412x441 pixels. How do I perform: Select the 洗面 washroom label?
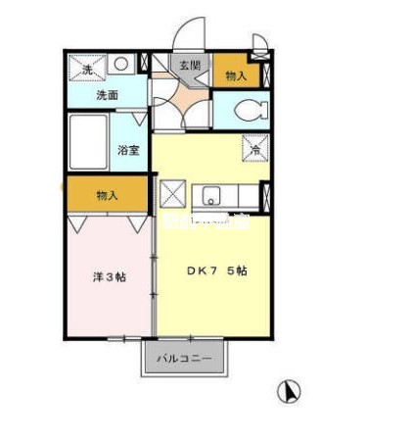(107, 96)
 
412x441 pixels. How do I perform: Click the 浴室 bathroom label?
(128, 150)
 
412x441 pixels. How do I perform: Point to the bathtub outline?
(88, 142)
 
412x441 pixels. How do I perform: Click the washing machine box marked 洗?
(86, 68)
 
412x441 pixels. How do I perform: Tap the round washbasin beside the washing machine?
(121, 65)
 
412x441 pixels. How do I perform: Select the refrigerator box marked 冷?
(254, 149)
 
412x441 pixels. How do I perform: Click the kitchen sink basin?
(212, 194)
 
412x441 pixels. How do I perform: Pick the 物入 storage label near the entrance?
(235, 74)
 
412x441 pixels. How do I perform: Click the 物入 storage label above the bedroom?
(107, 195)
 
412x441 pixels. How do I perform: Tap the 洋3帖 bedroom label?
(109, 276)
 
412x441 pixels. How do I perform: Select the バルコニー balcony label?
(185, 359)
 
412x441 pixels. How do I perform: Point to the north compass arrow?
(289, 392)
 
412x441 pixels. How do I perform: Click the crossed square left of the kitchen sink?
(172, 193)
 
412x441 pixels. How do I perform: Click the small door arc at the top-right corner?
(259, 40)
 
